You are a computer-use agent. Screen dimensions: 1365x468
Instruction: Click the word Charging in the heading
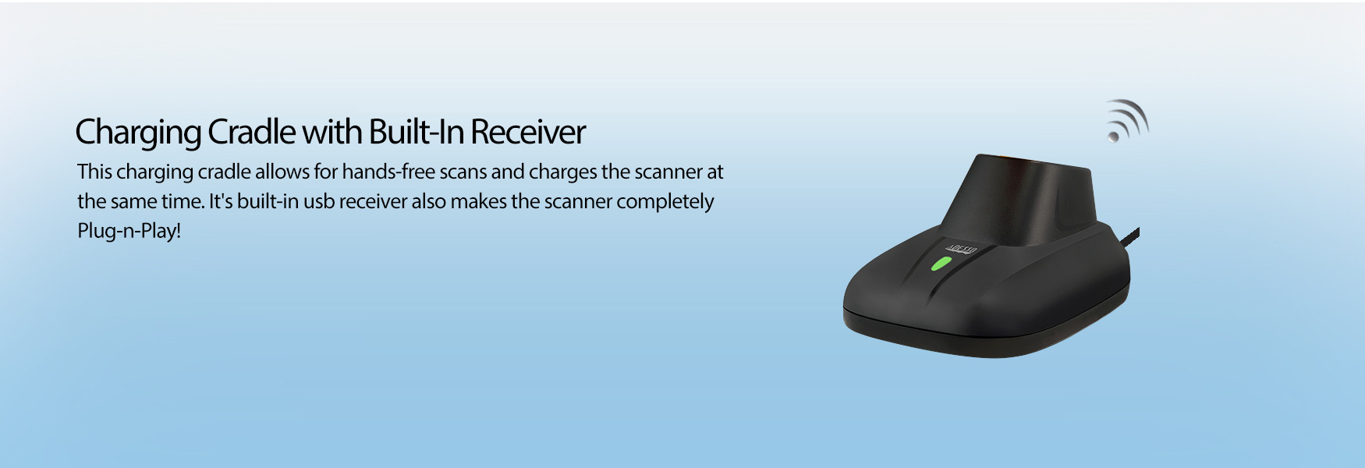click(138, 133)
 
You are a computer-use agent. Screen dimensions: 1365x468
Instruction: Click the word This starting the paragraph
click(94, 172)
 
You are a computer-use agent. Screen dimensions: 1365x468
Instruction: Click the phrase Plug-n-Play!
click(129, 232)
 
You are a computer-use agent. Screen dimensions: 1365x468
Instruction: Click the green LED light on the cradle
click(941, 262)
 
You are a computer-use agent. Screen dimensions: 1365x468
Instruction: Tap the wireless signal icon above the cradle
click(1128, 121)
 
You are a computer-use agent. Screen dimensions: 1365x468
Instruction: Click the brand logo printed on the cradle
click(961, 249)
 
